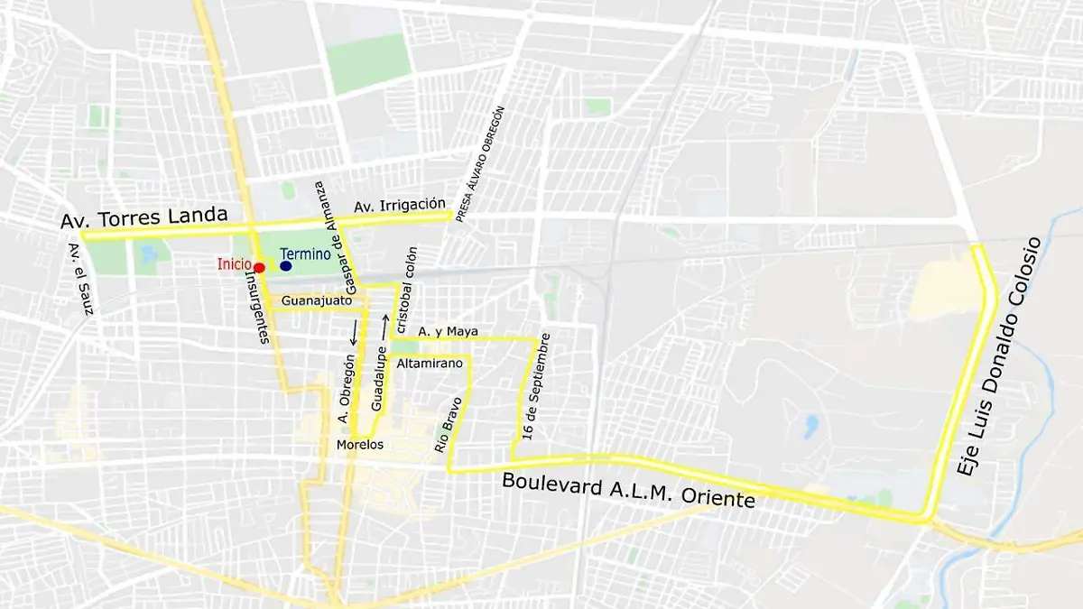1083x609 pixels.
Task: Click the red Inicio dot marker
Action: click(x=259, y=267)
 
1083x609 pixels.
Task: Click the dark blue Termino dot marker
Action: click(x=286, y=266)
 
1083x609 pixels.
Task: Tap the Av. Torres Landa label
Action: click(x=143, y=220)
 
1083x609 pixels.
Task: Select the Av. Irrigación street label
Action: click(x=400, y=205)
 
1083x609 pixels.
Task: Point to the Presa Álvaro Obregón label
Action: click(x=479, y=164)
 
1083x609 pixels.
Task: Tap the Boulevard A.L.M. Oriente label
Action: click(x=628, y=489)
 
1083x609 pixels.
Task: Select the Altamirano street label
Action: click(x=430, y=363)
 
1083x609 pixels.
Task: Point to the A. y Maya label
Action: click(x=448, y=332)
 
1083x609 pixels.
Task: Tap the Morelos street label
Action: click(x=359, y=445)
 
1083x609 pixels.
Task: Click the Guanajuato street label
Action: click(x=316, y=300)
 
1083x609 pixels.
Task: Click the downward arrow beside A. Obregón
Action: click(x=354, y=331)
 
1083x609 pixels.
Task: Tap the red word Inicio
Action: click(x=234, y=264)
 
